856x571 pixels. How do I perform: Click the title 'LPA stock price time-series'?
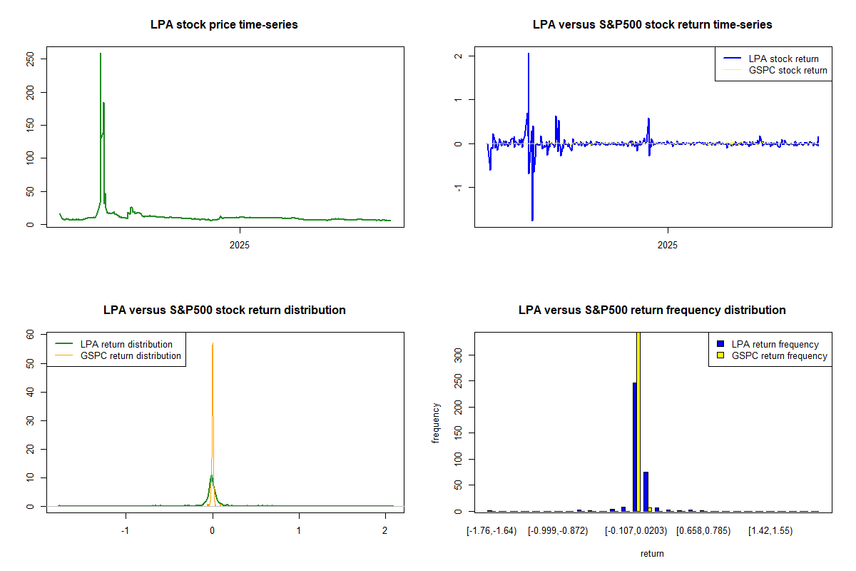[224, 25]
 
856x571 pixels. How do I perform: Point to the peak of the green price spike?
[101, 54]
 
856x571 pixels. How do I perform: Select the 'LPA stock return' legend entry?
[783, 59]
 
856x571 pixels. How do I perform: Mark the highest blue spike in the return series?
[529, 54]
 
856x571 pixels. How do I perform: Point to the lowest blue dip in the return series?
[532, 219]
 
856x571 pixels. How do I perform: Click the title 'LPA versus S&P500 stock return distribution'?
[224, 310]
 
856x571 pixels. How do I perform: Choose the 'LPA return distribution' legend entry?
[126, 345]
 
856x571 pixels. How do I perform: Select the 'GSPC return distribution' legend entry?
[131, 356]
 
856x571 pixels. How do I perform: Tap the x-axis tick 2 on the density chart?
[384, 531]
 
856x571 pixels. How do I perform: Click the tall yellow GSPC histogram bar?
[638, 421]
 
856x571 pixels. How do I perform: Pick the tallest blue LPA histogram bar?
[634, 447]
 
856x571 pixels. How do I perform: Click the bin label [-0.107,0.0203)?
[638, 531]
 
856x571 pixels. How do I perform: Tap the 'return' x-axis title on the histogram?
[652, 553]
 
